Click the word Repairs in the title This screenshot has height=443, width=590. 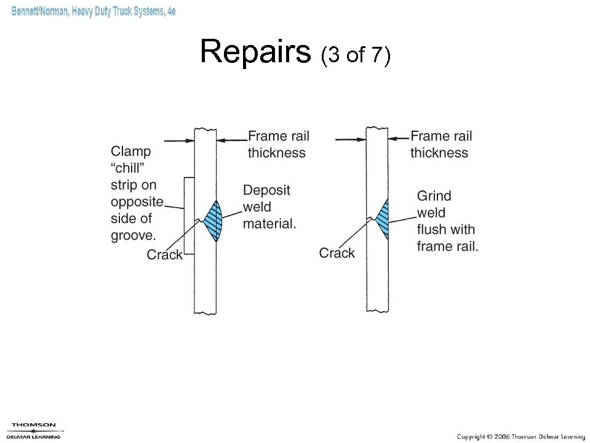[255, 52]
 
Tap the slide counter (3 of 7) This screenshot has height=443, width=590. [356, 55]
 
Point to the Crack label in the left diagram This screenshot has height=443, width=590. [164, 255]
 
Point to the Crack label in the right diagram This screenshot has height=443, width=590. [337, 253]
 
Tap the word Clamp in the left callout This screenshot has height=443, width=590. [130, 152]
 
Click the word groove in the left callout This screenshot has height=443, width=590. [133, 235]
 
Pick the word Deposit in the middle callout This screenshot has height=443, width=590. [266, 190]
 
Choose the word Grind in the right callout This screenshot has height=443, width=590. [434, 196]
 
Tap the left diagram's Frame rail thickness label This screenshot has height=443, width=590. [277, 144]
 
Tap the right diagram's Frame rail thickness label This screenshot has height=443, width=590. [441, 144]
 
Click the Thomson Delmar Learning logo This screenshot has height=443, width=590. [34, 430]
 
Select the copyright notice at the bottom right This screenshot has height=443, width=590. [520, 436]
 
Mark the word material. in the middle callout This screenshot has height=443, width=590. [269, 224]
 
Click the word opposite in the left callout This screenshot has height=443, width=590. [137, 201]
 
